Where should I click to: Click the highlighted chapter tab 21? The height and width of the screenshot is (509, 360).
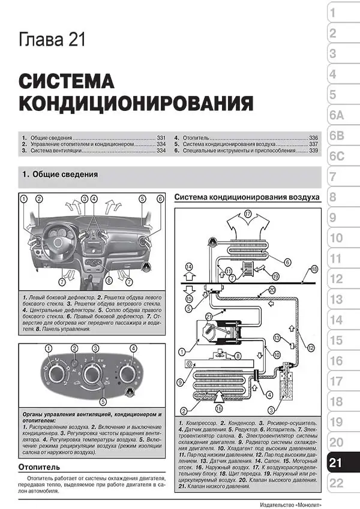point(337,463)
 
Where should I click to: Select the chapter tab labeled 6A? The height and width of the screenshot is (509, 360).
point(337,115)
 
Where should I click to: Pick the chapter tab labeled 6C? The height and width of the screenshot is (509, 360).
point(337,156)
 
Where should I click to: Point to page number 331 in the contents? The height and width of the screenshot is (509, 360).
point(160,137)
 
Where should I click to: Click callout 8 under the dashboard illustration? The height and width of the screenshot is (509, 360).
point(109,280)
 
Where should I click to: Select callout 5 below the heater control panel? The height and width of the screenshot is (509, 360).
point(103,402)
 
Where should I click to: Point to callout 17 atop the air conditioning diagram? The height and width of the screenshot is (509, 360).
point(248,213)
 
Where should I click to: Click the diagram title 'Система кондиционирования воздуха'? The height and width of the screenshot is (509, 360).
point(246,197)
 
